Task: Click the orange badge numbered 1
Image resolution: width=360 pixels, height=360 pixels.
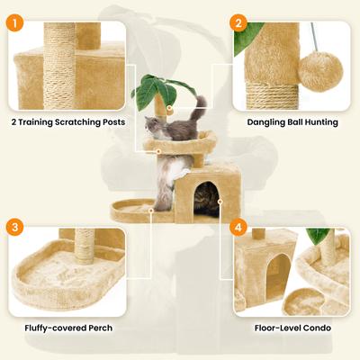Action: [16, 22]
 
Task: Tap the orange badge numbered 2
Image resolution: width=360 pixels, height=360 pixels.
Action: [238, 22]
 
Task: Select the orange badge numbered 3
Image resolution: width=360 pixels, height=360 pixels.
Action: [16, 227]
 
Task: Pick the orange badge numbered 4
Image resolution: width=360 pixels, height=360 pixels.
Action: [238, 227]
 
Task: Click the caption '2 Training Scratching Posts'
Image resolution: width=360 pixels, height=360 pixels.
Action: [68, 121]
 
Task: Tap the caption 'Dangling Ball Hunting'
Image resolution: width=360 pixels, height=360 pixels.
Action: [292, 121]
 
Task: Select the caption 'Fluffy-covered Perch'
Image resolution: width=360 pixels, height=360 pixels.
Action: [68, 328]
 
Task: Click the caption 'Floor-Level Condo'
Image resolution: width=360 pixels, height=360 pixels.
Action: [292, 328]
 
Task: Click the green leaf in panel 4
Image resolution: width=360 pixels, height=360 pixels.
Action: [319, 236]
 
